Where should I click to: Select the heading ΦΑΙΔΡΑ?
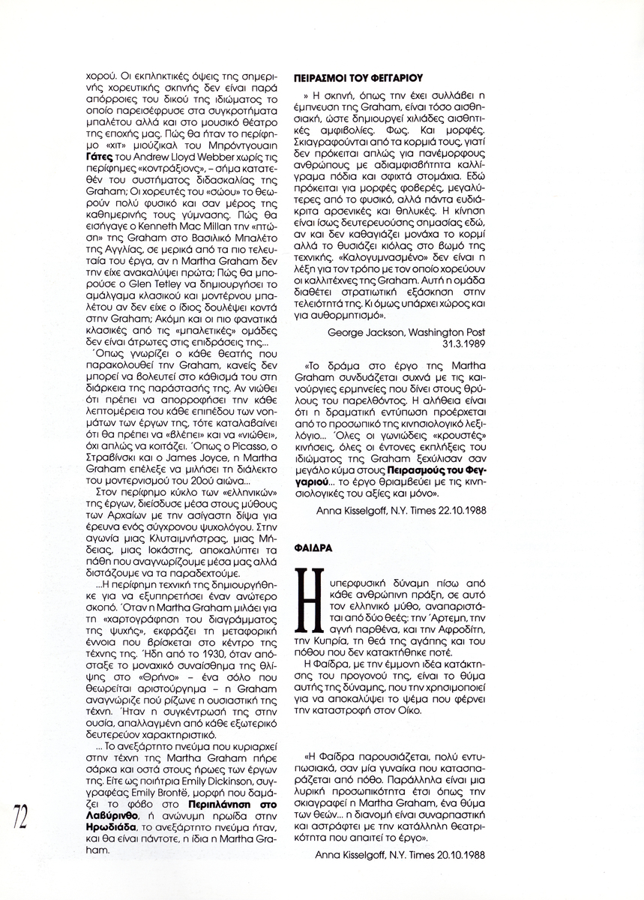coord(313,548)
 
